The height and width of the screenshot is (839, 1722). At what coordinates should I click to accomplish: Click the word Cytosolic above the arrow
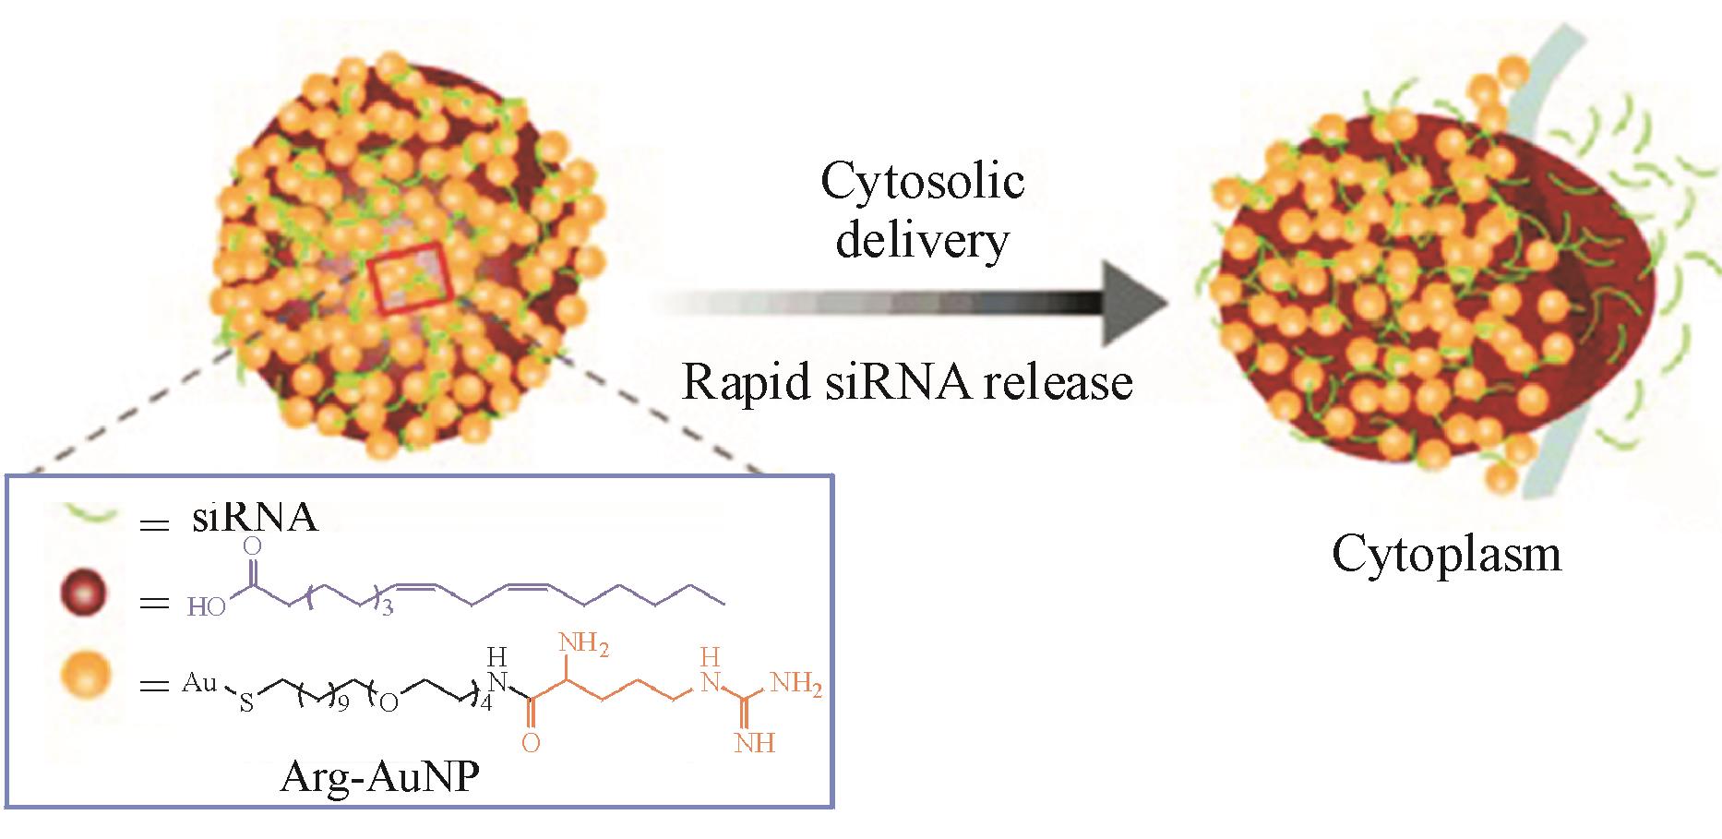(922, 182)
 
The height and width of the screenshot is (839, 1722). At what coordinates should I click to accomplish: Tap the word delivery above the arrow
(922, 240)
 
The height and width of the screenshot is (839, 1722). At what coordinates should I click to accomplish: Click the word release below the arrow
(1057, 382)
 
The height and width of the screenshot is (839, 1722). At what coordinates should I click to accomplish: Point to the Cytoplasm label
(1446, 555)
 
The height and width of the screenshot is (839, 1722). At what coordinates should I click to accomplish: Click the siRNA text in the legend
(255, 519)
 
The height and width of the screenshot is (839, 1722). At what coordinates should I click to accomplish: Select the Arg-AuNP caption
(379, 780)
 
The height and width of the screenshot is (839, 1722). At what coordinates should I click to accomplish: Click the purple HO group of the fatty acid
(207, 607)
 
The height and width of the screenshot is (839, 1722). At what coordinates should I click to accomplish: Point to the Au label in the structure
(199, 683)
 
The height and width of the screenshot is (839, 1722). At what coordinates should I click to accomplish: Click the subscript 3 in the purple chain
(388, 610)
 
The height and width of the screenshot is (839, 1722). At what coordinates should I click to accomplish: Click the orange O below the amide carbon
(531, 743)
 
